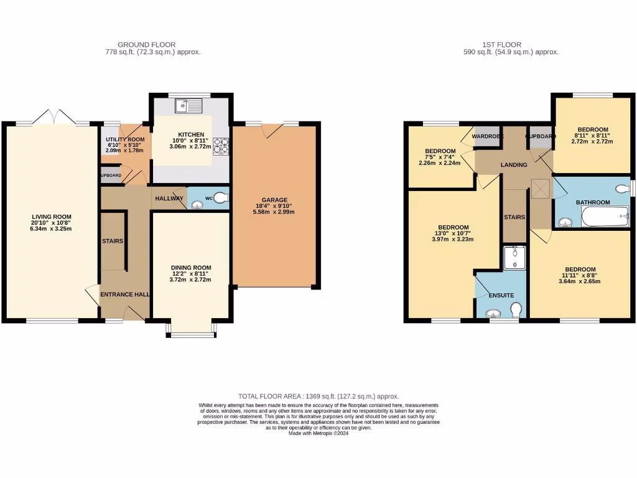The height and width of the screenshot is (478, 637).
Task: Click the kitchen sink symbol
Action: (189, 106)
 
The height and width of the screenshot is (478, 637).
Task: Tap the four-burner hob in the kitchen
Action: (221, 145)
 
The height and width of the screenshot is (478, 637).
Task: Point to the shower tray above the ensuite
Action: (515, 258)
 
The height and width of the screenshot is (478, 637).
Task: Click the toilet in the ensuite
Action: (515, 309)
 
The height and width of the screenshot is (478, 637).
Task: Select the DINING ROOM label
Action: (191, 268)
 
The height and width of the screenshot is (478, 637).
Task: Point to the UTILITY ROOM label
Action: (125, 139)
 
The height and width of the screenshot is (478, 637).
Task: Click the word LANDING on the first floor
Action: (514, 165)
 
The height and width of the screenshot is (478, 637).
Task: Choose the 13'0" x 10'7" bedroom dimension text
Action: (453, 234)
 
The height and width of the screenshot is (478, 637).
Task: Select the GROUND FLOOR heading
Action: (146, 45)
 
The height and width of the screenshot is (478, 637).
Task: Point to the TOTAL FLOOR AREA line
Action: (318, 396)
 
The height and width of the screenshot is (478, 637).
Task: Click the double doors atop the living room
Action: (55, 116)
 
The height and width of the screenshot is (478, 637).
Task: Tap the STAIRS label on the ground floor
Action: (113, 241)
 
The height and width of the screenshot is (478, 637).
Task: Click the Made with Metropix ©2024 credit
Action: (318, 434)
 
